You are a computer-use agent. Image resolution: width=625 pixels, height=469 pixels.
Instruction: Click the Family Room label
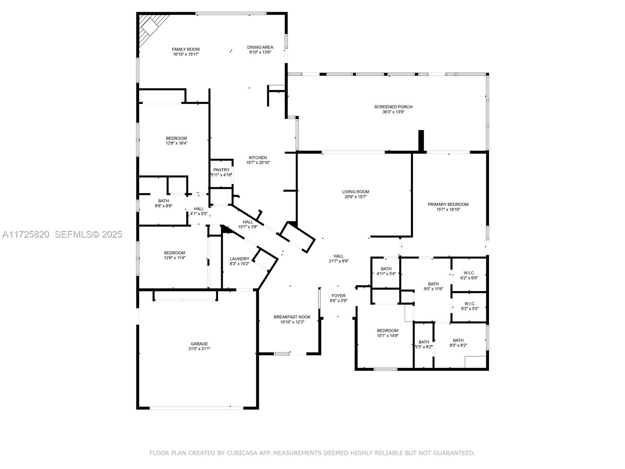coord(186,49)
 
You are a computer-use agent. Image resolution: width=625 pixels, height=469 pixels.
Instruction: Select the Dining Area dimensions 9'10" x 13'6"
coord(260,52)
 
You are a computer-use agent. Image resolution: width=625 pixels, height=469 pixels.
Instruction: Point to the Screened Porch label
coord(393,107)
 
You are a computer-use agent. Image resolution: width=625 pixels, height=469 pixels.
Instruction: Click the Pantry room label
coord(221,170)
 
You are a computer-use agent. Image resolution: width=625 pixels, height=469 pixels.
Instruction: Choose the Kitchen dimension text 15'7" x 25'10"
coord(258,163)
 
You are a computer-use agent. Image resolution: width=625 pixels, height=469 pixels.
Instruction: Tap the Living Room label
coord(355,192)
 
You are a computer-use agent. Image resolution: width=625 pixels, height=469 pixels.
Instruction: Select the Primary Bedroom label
coord(448,204)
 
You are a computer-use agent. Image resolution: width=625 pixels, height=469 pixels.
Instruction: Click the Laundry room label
coord(239,259)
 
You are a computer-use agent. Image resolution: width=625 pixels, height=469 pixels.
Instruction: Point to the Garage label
coord(199,344)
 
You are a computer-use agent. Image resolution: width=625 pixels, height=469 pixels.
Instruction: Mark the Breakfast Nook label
coord(292,317)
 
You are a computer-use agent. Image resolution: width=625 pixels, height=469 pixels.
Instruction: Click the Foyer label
coord(338,295)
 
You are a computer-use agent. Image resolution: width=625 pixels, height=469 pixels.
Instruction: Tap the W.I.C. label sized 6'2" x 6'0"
coord(469,273)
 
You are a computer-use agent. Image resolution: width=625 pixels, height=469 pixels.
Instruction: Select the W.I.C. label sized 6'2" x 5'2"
coord(470,304)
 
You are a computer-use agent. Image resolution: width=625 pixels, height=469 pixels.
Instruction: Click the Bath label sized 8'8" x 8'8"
coord(164,201)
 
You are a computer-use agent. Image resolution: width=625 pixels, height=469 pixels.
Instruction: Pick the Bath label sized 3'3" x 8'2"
coord(424,342)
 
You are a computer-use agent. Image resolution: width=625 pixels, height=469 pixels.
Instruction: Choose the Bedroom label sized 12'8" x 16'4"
coord(176,138)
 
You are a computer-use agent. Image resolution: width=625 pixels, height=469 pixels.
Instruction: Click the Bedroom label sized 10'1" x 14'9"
coord(387,331)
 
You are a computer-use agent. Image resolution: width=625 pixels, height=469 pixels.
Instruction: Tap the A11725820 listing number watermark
coord(26,234)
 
